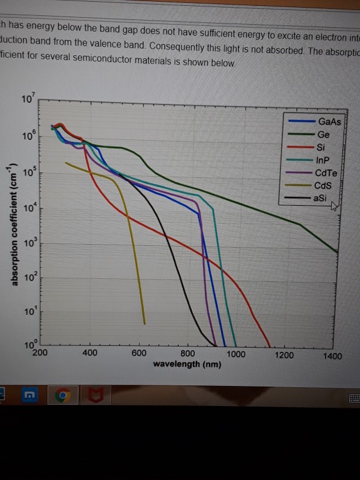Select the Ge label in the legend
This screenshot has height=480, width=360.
point(324,135)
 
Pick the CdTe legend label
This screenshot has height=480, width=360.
point(325,173)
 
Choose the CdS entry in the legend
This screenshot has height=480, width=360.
point(324,185)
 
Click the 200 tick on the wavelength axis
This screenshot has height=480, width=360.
point(40,354)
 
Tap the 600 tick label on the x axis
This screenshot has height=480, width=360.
point(139,353)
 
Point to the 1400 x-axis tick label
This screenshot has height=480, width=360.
point(332,356)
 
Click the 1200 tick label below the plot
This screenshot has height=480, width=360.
point(284,355)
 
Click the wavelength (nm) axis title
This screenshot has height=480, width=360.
point(187,365)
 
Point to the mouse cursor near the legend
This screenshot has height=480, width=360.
point(335,206)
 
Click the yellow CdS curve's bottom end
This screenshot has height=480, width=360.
point(144,322)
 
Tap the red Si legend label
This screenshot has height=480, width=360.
point(320,147)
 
